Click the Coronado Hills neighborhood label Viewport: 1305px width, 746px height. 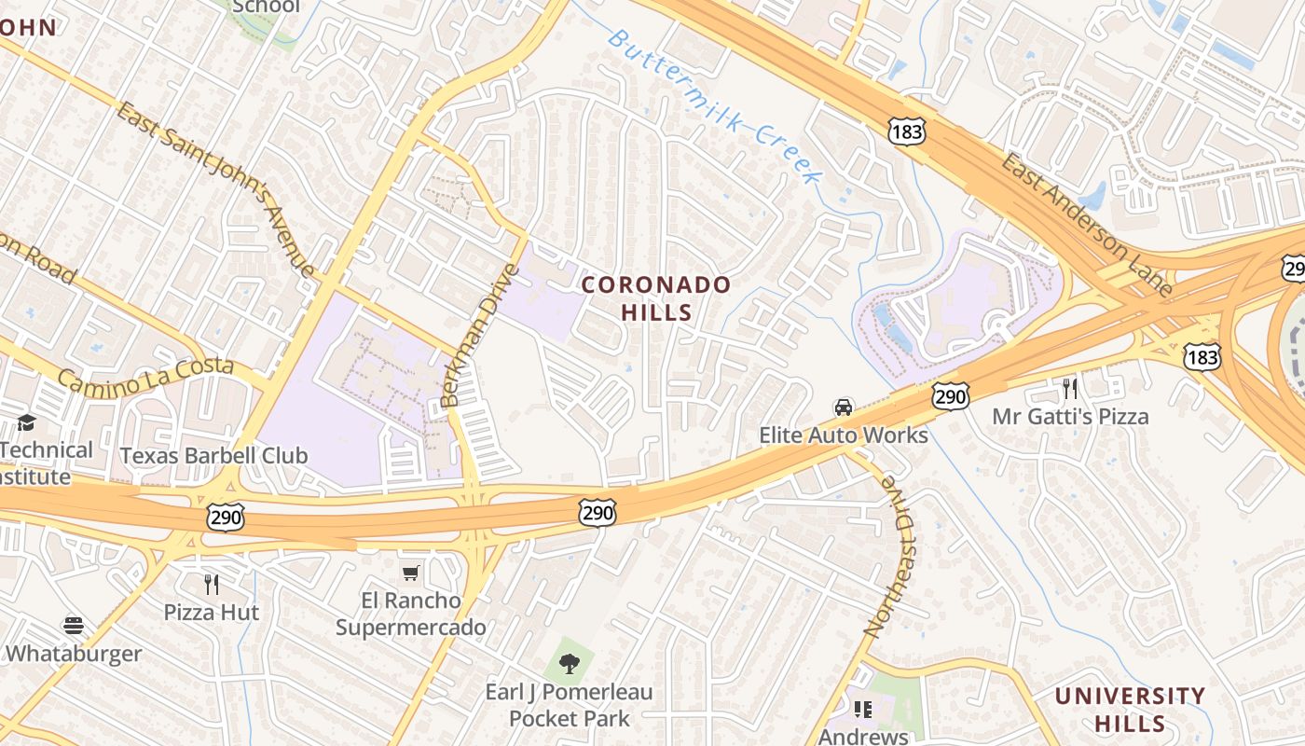(656, 297)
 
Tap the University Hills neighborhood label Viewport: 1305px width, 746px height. (1130, 709)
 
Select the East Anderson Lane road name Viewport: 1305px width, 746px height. (1086, 225)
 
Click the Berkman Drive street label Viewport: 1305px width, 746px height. (478, 335)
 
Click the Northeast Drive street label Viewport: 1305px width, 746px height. (890, 556)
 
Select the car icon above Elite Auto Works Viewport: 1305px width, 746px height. (844, 408)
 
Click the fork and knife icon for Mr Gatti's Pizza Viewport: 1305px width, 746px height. (1070, 388)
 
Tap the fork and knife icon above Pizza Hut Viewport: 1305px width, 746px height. (212, 585)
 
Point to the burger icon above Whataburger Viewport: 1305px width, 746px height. (74, 626)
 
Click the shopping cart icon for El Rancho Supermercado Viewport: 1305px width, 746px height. (411, 573)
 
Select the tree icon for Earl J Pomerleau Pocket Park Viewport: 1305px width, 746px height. (569, 664)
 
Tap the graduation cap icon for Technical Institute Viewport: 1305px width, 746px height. (26, 423)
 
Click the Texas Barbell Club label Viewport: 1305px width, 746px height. (214, 456)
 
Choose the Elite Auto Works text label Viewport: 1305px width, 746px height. (844, 435)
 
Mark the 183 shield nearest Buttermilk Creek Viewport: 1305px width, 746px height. (906, 131)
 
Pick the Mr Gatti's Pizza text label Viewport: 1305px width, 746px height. (1070, 416)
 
